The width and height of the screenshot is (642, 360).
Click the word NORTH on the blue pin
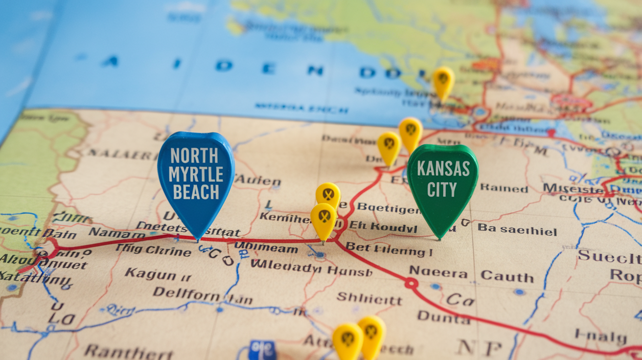[x=194, y=156]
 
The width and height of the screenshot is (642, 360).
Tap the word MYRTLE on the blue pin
[x=196, y=174]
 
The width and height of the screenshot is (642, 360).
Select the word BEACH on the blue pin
[x=196, y=192]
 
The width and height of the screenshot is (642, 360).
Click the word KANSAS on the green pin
[x=443, y=169]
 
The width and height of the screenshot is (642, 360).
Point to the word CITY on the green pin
[x=442, y=189]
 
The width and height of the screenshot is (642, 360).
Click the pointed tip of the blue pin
[x=198, y=240]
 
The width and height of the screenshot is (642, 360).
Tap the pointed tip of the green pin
[x=438, y=239]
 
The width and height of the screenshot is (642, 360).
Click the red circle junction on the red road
[x=411, y=283]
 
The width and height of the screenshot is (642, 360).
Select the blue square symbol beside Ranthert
[x=262, y=350]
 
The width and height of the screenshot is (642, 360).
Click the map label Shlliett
[x=369, y=298]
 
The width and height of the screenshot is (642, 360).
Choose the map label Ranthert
[x=128, y=352]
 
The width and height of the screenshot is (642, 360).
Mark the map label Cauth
[x=507, y=277]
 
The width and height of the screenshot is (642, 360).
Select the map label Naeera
[x=438, y=271]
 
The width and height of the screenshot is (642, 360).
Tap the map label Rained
[x=504, y=188]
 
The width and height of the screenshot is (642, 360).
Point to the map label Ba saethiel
[x=517, y=229]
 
